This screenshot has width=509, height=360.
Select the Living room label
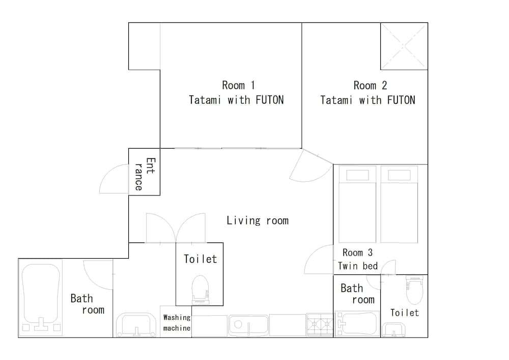click(x=258, y=221)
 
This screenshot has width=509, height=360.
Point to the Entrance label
click(x=145, y=174)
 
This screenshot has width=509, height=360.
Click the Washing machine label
click(x=177, y=323)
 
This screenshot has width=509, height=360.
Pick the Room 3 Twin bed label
click(x=357, y=259)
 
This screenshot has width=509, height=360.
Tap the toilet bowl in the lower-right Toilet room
click(x=414, y=290)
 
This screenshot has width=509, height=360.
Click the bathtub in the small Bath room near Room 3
click(x=357, y=323)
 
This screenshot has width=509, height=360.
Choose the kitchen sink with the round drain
click(x=249, y=325)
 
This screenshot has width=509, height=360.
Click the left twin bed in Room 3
click(x=357, y=204)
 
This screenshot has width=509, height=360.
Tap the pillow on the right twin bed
click(x=399, y=175)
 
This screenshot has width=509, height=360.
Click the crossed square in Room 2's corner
click(x=404, y=46)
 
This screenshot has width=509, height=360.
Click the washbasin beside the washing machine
click(x=136, y=325)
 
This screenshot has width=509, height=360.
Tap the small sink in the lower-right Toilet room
click(x=393, y=330)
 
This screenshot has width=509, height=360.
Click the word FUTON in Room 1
click(x=269, y=100)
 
